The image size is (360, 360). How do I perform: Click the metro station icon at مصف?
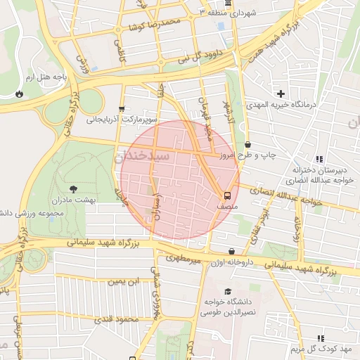coord(227,195)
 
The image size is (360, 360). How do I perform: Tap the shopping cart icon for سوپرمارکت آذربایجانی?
coord(122,108)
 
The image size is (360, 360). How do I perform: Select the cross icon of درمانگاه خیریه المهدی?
coord(281,94)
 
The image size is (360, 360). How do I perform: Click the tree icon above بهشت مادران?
coord(74,188)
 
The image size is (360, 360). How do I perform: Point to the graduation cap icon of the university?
coord(227,291)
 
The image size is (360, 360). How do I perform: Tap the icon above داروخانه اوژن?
coord(231,252)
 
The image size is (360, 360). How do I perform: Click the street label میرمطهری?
coord(184,259)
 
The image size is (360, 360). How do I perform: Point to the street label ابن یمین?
coord(122,281)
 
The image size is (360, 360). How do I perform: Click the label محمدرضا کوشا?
coord(154,25)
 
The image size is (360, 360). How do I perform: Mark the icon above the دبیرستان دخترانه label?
coord(319,160)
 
